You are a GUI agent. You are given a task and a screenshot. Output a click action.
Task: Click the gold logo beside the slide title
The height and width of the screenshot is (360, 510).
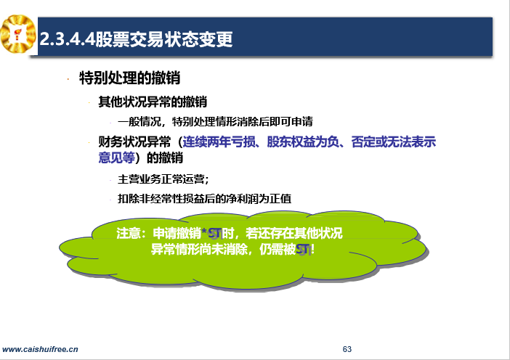click(x=18, y=34)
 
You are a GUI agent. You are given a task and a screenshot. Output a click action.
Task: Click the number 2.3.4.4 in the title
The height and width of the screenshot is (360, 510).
click(x=68, y=39)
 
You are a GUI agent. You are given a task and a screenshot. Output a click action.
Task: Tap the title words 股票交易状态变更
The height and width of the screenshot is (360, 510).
click(x=164, y=39)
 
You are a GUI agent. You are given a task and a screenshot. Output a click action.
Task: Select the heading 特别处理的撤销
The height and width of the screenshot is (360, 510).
click(x=130, y=78)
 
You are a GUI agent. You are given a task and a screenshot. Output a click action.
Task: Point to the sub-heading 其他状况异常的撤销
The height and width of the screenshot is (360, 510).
click(x=153, y=102)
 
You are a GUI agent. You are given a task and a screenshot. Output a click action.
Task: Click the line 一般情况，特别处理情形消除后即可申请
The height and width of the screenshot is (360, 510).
click(x=215, y=121)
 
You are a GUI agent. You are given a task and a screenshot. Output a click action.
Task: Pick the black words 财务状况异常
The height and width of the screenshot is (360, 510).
click(x=134, y=142)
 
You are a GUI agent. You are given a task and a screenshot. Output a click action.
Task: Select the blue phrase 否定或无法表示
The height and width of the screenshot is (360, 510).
click(x=394, y=142)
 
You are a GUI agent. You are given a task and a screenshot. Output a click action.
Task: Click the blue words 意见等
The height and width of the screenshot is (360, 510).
click(x=117, y=158)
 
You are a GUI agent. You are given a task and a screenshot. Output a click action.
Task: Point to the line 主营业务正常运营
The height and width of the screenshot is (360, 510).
click(x=163, y=179)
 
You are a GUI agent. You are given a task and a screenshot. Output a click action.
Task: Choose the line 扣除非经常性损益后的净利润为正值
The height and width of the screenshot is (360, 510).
click(x=205, y=199)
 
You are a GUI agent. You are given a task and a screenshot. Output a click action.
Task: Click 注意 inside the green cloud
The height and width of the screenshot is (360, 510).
click(x=129, y=233)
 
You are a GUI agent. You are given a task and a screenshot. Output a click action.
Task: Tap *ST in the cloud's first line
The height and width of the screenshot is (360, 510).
click(x=211, y=233)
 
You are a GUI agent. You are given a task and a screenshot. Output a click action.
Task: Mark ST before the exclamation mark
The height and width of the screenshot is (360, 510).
click(x=303, y=250)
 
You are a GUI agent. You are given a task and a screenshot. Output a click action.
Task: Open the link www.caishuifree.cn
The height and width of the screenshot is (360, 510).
click(x=40, y=349)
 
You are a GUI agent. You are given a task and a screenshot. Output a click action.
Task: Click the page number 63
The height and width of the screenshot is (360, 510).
click(x=347, y=349)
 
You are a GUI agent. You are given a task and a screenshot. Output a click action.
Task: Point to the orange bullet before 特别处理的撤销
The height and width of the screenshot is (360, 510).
click(x=68, y=79)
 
